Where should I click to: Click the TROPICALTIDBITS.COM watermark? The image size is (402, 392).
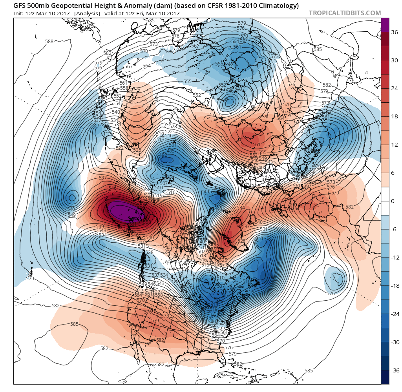click(345, 13)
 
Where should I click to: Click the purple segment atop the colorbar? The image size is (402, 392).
click(386, 25)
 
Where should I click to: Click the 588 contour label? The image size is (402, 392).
click(49, 41)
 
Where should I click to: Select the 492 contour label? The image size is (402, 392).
click(163, 155)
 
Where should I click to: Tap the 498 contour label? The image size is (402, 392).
click(219, 209)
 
